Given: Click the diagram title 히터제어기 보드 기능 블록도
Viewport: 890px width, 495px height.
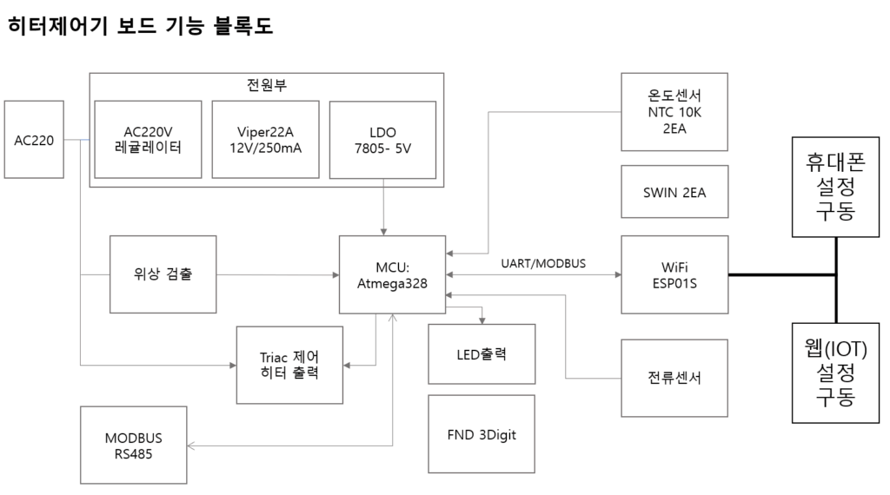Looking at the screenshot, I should tap(140, 26).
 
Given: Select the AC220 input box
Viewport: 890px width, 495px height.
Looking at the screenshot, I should tap(34, 140).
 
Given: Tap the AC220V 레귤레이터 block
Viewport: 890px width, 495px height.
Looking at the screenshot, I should tap(148, 140).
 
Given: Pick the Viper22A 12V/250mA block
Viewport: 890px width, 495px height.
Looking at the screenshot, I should tap(265, 140).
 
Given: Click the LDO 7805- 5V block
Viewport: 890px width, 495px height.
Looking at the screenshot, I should tap(383, 140).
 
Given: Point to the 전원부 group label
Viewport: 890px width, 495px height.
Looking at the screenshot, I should tap(267, 85).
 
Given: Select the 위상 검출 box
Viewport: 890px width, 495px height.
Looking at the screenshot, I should tap(163, 274).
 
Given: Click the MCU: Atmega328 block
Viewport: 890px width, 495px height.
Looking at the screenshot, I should tap(393, 274).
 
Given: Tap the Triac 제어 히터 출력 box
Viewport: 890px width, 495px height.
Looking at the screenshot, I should tap(289, 365).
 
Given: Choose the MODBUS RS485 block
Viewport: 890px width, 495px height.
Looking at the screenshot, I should tap(133, 445).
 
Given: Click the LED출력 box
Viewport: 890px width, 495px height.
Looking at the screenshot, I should tap(482, 354).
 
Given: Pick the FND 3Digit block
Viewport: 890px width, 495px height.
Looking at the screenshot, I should tap(482, 434).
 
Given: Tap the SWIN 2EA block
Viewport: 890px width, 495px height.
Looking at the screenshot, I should tap(674, 192).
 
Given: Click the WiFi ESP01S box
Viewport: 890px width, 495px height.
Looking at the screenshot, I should tap(674, 274).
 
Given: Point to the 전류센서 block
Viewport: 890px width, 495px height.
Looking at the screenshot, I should tap(674, 379).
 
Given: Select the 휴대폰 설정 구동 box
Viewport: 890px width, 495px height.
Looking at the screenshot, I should tap(836, 187).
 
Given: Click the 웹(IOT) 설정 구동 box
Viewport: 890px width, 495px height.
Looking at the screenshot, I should tap(836, 373).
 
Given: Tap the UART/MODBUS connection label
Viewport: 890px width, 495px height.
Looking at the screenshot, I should tap(543, 262).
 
